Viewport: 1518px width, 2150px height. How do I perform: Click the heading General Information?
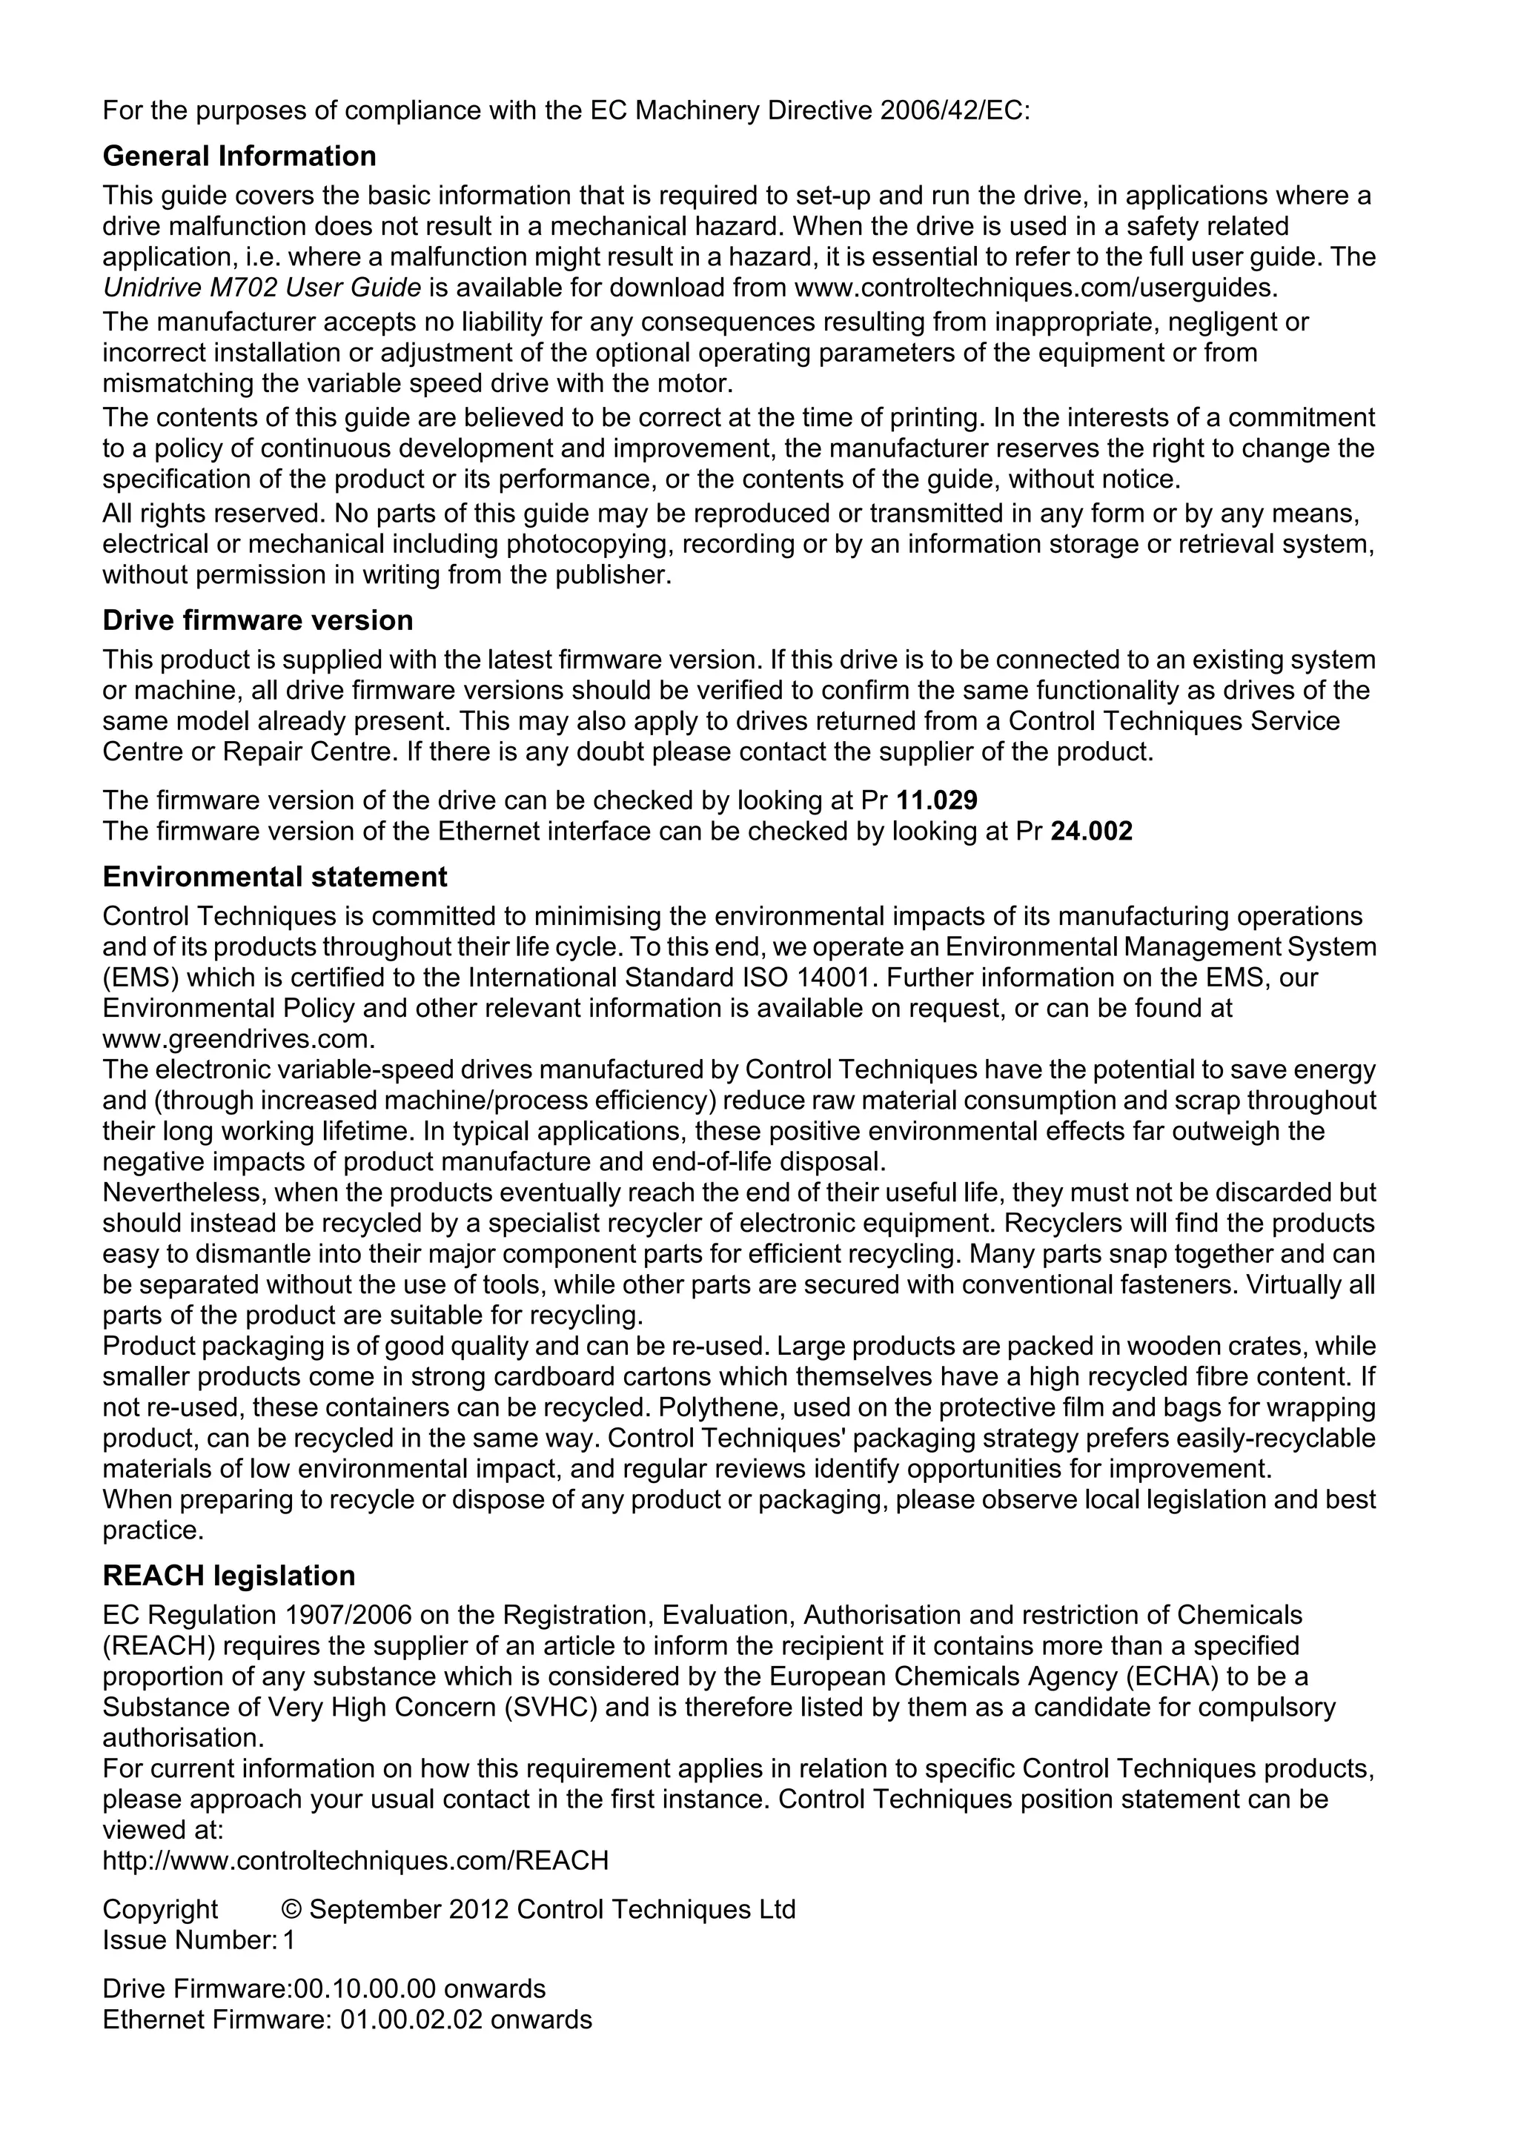coord(239,156)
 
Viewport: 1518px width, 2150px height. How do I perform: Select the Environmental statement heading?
coord(274,877)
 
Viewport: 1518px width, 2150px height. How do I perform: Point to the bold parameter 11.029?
coord(936,800)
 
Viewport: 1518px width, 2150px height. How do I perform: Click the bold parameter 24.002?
coord(1092,832)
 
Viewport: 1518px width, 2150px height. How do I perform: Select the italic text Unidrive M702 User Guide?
coord(261,288)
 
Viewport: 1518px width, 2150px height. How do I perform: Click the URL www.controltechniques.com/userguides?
coord(1035,288)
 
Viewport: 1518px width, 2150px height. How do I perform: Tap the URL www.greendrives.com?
coord(239,1039)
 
